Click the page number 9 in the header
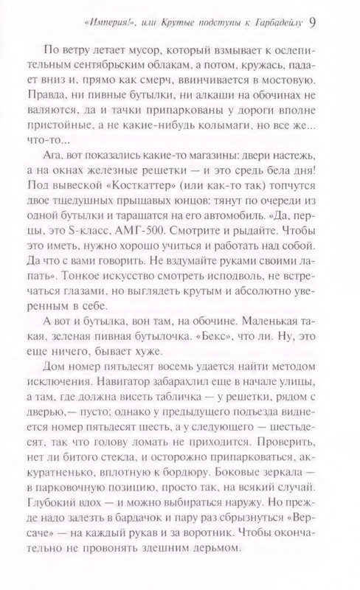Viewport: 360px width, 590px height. [334, 21]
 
